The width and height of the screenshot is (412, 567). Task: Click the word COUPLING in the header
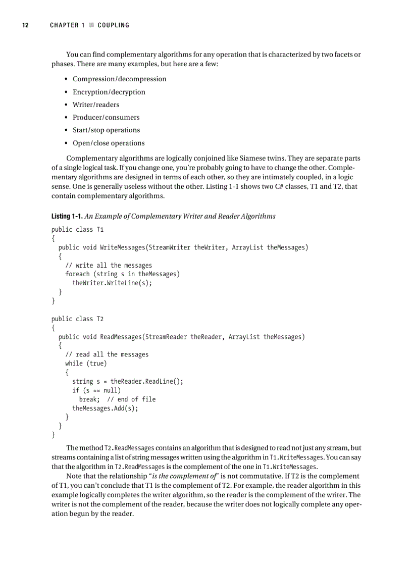pos(113,25)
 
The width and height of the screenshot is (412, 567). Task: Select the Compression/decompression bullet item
pos(119,79)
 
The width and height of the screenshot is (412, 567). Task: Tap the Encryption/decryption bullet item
pos(109,92)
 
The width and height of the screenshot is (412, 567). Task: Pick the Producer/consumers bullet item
pos(106,117)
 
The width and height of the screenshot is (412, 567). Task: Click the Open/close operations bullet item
pos(109,143)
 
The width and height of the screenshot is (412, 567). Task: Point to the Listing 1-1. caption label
pos(67,216)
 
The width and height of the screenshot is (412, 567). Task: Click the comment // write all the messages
pos(109,265)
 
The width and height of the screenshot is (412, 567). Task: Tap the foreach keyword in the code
pos(77,274)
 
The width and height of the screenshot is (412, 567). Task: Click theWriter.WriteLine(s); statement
pos(112,283)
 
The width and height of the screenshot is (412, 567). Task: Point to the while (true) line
pos(86,363)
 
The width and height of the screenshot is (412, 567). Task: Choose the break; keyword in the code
pos(89,399)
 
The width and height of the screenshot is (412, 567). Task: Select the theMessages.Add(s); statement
pos(105,408)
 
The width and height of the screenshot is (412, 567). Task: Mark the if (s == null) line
pos(96,390)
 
